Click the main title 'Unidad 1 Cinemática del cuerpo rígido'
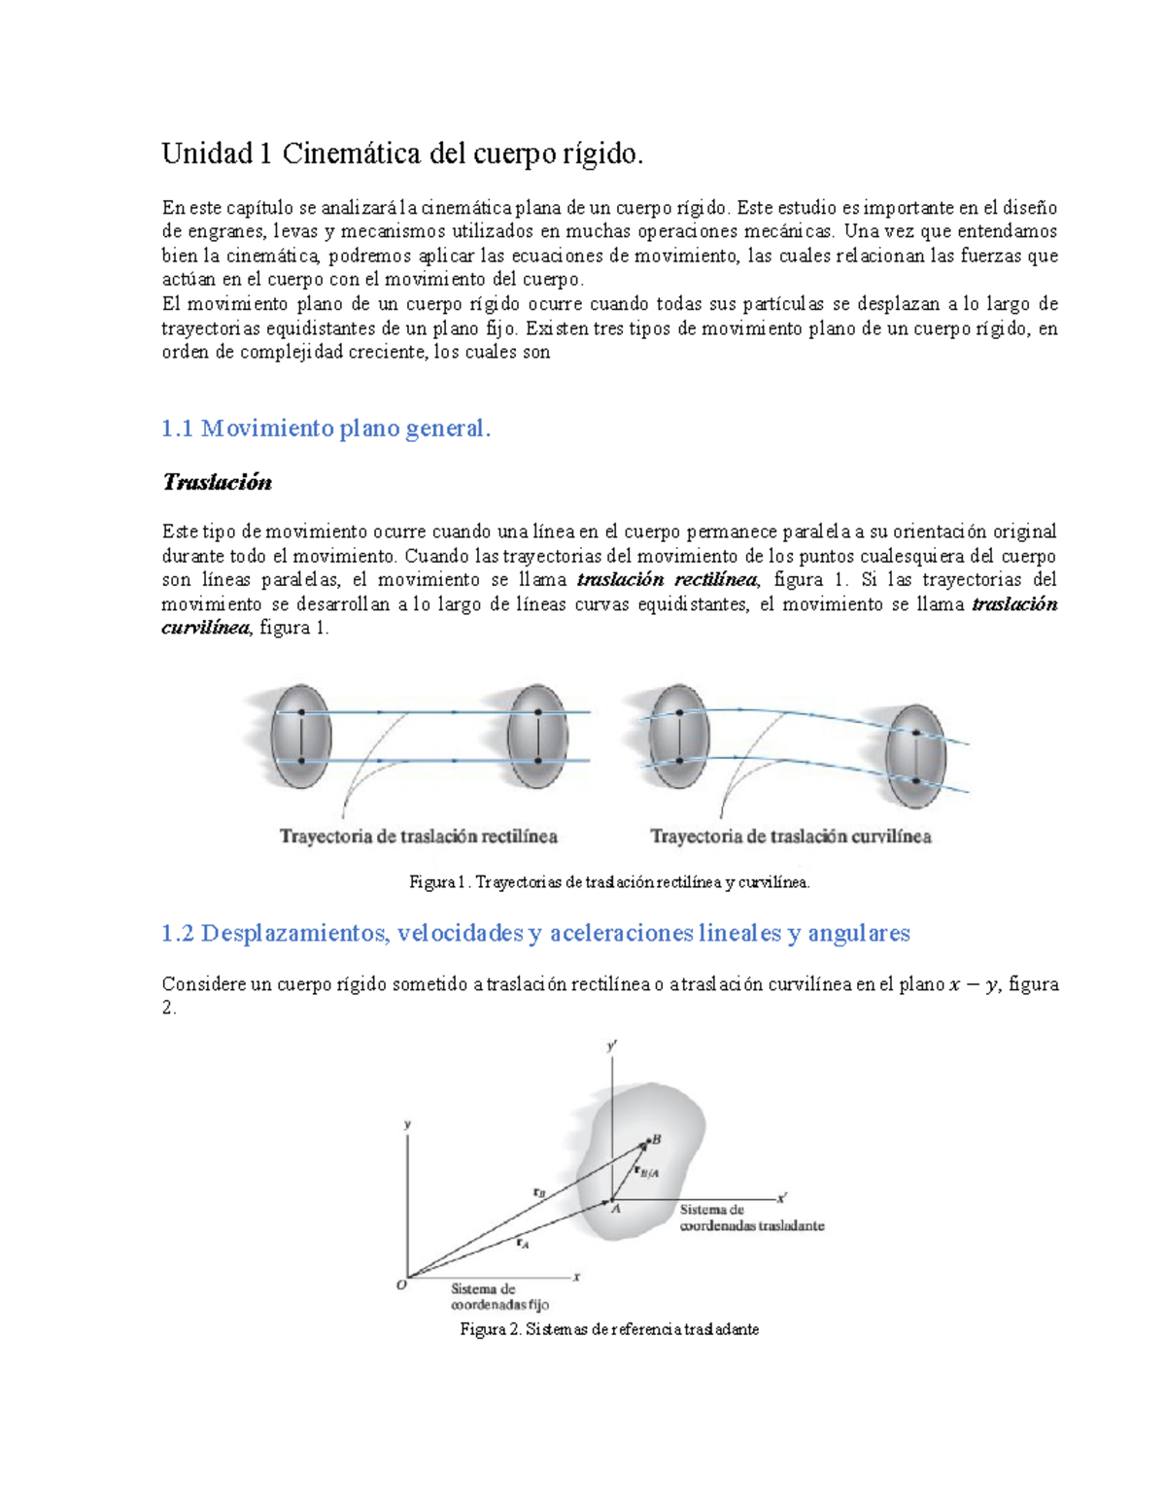tap(402, 154)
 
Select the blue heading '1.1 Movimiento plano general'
tap(326, 429)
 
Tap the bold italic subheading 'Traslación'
tap(217, 483)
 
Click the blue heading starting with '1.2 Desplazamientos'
tap(535, 934)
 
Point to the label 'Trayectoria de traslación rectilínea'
tap(419, 837)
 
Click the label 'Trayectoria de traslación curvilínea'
tap(790, 837)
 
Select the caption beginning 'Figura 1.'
tap(609, 882)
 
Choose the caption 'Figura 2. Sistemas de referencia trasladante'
tap(609, 1329)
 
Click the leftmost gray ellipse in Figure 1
tap(301, 737)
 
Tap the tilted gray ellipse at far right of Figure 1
tap(915, 755)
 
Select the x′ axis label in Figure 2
tap(782, 1198)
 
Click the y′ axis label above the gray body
tap(612, 1046)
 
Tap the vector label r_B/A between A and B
tap(647, 1172)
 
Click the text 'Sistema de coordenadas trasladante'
tap(751, 1218)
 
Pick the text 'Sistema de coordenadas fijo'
tap(499, 1297)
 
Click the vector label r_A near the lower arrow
tap(522, 1243)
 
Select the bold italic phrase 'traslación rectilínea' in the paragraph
tap(667, 580)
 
